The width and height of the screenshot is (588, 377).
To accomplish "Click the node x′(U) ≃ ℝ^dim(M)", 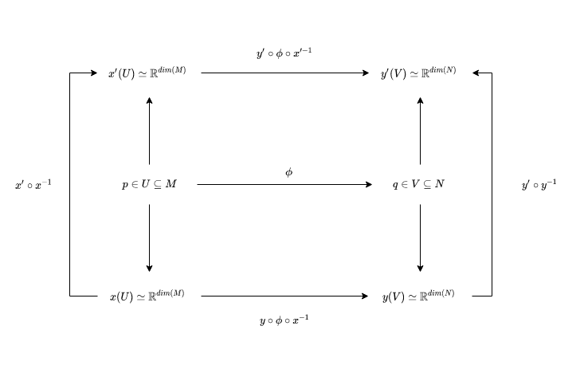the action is pos(147,73).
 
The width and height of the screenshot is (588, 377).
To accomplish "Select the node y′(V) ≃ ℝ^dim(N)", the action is pos(418,73).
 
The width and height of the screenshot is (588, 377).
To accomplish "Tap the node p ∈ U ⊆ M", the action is pos(149,185).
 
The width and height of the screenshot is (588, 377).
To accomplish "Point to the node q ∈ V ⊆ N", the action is pos(419,185).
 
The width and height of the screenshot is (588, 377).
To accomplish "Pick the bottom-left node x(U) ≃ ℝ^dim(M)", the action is pos(147,296).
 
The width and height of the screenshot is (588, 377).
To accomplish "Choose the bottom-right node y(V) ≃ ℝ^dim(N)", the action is pos(418,296).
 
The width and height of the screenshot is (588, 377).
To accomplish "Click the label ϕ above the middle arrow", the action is pos(288,171).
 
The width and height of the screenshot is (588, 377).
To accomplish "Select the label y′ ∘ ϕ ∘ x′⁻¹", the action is pos(284,53).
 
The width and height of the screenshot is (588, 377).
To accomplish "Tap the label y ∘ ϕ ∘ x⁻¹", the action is pos(284,320).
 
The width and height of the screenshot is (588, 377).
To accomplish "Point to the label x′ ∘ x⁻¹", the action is pos(33,185).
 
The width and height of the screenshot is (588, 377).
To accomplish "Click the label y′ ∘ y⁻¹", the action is pos(539,185).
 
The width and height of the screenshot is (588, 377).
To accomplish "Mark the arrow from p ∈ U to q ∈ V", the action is pos(284,185).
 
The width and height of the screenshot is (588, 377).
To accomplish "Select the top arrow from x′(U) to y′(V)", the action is pos(284,73).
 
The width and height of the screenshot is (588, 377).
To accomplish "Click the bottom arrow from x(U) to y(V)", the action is pos(284,296).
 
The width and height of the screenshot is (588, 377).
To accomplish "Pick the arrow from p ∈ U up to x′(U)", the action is pos(149,131).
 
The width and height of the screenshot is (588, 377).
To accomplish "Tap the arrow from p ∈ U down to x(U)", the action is pos(149,238).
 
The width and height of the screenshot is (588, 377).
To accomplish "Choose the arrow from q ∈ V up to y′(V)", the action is pos(420,131).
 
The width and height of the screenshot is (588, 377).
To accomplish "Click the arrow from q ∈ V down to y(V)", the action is pos(420,238).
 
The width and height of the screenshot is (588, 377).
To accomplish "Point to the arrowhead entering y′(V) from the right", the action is pos(476,73).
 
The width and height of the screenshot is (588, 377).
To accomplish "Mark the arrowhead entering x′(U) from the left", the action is pos(93,73).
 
